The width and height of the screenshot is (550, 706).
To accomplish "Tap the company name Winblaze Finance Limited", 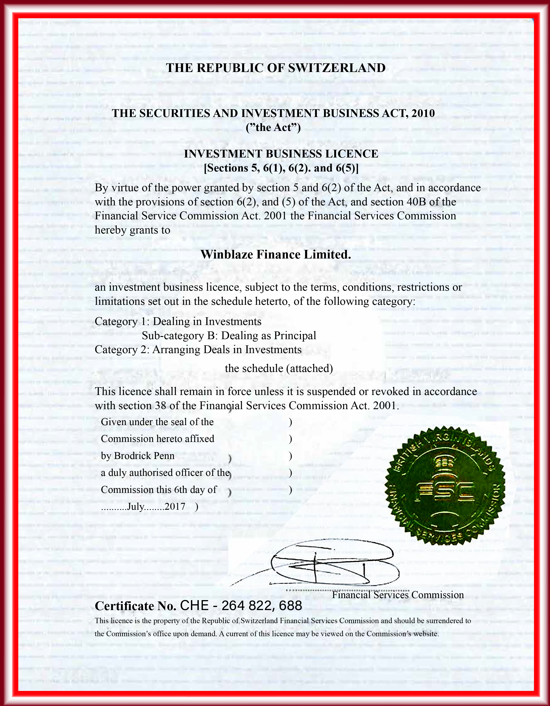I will pyautogui.click(x=276, y=254).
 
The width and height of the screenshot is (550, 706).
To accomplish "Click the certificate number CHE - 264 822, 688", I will pyautogui.click(x=241, y=606).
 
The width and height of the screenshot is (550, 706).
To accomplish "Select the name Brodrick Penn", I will pyautogui.click(x=144, y=456).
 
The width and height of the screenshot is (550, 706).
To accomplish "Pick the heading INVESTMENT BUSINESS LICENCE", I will pyautogui.click(x=281, y=154).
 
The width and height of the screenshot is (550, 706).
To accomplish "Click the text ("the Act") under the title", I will pyautogui.click(x=273, y=128).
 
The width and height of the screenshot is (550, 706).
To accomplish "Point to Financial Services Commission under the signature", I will pyautogui.click(x=398, y=595).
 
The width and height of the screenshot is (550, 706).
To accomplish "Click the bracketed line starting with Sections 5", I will pyautogui.click(x=281, y=168).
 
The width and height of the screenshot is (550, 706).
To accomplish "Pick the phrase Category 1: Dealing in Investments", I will pyautogui.click(x=178, y=322).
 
